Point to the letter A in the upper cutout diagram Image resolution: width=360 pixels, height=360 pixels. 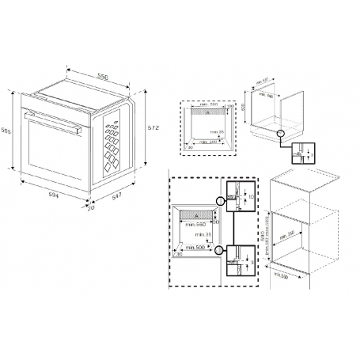pyautogui.click(x=207, y=113)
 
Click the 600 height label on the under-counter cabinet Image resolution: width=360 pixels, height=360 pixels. pyautogui.click(x=245, y=105)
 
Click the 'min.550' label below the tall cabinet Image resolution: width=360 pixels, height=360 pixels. pyautogui.click(x=279, y=275)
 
